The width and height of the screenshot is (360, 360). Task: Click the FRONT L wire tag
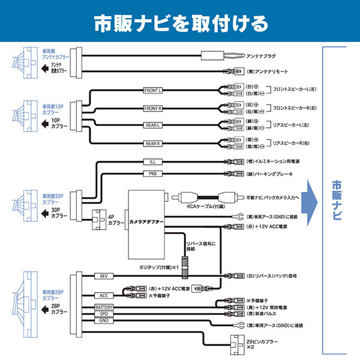tap(153, 91)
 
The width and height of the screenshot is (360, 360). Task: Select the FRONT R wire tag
tap(153, 108)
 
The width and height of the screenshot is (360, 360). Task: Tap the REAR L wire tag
tap(153, 125)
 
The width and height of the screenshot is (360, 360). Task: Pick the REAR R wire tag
tap(153, 143)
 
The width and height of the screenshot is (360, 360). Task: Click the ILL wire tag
tap(152, 162)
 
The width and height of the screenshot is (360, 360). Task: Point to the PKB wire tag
tap(152, 174)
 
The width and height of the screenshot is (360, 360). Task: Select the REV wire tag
tap(103, 276)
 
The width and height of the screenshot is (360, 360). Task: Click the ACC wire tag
tap(103, 296)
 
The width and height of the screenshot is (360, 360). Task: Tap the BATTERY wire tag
tap(103, 307)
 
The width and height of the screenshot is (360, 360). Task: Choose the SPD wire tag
tap(103, 314)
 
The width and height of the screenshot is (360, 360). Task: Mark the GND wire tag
tap(103, 321)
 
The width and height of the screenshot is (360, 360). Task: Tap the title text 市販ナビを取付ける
tap(179, 23)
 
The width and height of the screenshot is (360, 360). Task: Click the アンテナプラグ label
tap(262, 56)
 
